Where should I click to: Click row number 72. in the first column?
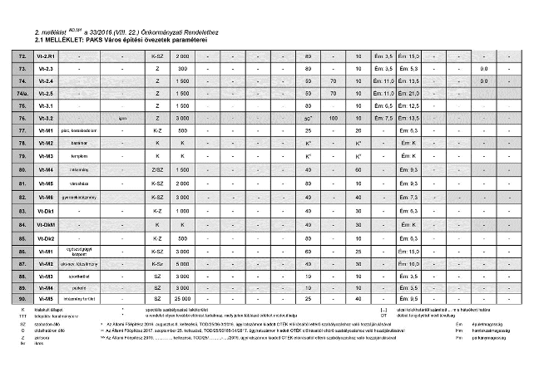coord(22,55)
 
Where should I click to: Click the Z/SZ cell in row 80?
coord(157,169)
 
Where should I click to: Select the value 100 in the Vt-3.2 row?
coord(332,119)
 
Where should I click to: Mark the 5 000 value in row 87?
coord(182,263)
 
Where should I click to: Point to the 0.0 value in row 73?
coord(484,68)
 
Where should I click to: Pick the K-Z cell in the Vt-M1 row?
coord(157,131)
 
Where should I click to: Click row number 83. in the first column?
coord(22,211)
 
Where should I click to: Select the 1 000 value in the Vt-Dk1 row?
coord(182,211)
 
